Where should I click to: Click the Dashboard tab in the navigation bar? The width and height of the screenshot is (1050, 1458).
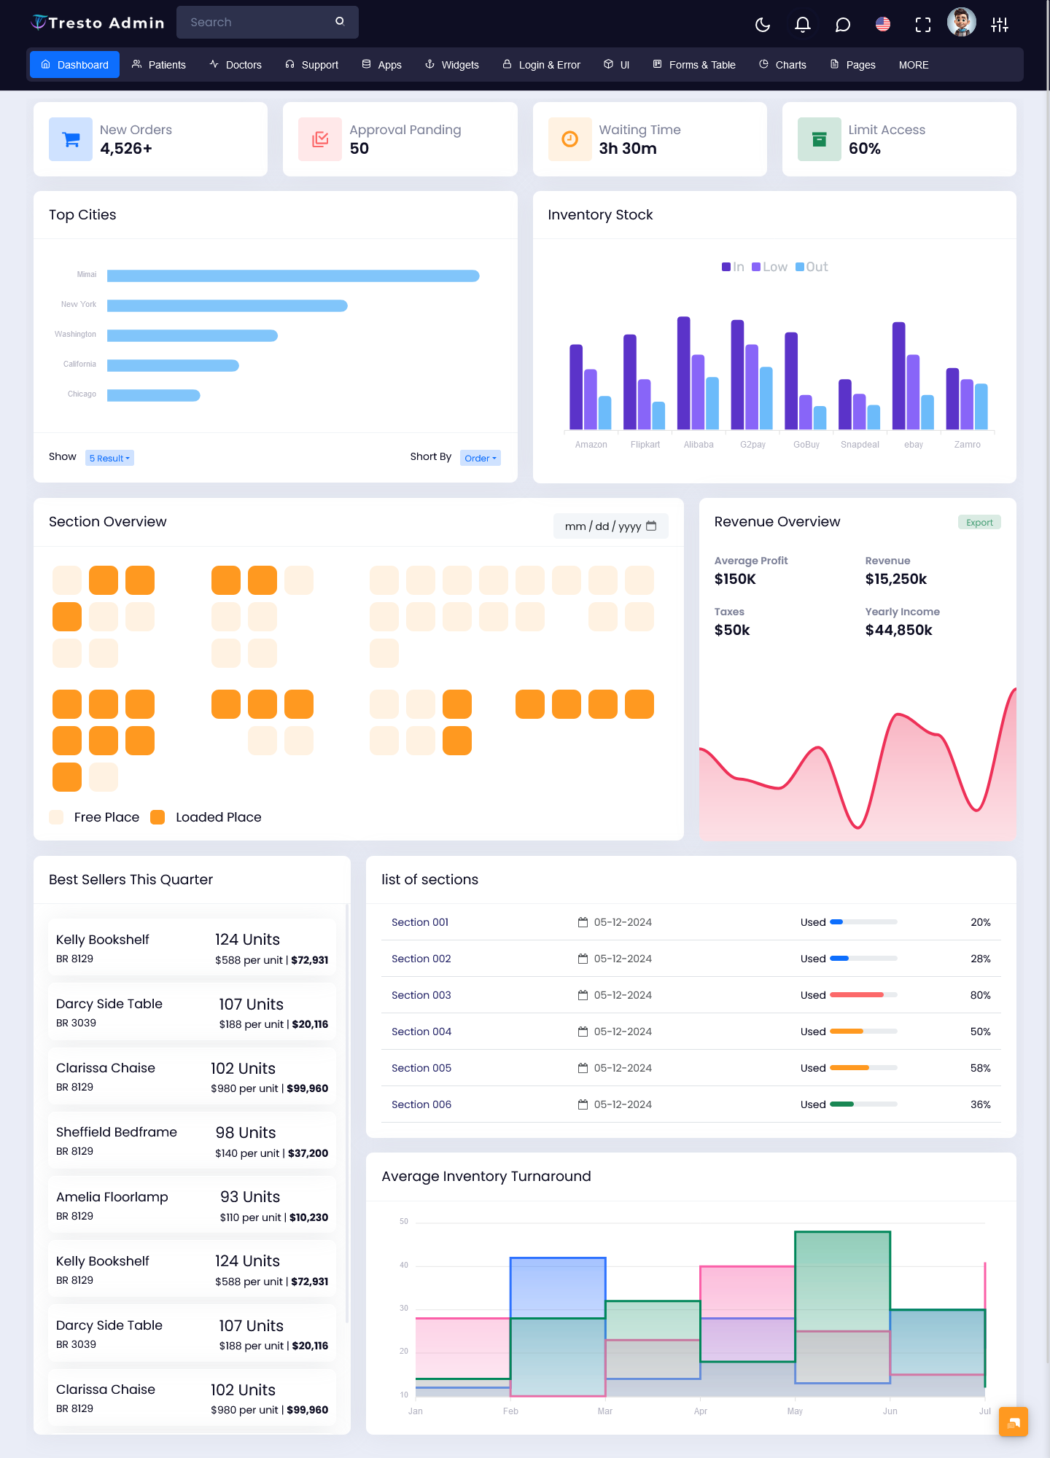[x=74, y=65]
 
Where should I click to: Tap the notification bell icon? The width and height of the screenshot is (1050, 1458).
[x=802, y=25]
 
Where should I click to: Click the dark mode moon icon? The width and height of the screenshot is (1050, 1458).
[x=763, y=25]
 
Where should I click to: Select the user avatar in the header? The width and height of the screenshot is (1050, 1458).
[x=961, y=23]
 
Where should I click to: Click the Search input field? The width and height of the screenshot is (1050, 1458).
[x=259, y=23]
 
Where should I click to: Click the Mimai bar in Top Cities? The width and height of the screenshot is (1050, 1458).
[x=292, y=276]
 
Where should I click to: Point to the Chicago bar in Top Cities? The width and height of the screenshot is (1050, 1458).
[x=153, y=395]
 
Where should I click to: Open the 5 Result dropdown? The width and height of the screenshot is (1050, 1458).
[x=109, y=458]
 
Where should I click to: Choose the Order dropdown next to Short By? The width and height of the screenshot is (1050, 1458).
[x=480, y=458]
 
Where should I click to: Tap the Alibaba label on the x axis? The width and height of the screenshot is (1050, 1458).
[x=699, y=445]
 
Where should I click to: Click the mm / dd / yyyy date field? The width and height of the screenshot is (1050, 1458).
[x=610, y=526]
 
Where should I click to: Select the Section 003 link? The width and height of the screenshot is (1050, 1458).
[x=421, y=995]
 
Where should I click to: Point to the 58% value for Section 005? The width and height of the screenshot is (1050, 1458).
[x=980, y=1068]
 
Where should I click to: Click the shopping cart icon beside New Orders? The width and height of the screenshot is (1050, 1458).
[x=71, y=139]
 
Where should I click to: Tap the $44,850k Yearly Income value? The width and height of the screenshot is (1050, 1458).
[x=898, y=630]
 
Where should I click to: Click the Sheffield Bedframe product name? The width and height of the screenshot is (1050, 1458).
[x=117, y=1132]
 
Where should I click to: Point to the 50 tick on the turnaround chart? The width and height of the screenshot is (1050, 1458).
[x=404, y=1221]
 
